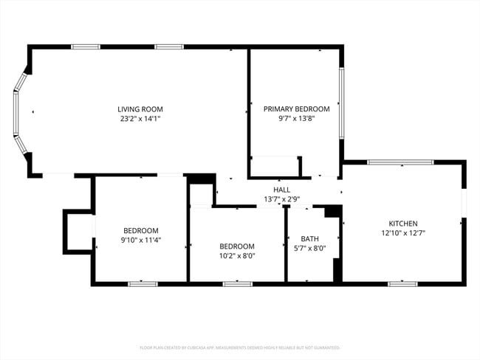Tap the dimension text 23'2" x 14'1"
coord(140,118)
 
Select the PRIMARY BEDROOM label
coord(296,109)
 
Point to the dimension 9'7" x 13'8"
coord(296,118)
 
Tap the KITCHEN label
coord(403,224)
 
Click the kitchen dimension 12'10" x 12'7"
coord(403,233)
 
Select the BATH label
coord(310,238)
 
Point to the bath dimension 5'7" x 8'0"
coord(310,248)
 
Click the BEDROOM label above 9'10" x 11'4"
coord(140,230)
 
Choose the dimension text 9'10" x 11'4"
coord(140,239)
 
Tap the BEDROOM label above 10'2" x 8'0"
coord(237,246)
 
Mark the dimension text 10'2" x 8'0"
coord(237,256)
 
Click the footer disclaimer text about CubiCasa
coord(240,347)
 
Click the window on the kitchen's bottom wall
coord(402,283)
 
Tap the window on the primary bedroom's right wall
coord(341,103)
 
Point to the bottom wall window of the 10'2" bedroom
coord(237,283)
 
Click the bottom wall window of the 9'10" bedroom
coord(142,283)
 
